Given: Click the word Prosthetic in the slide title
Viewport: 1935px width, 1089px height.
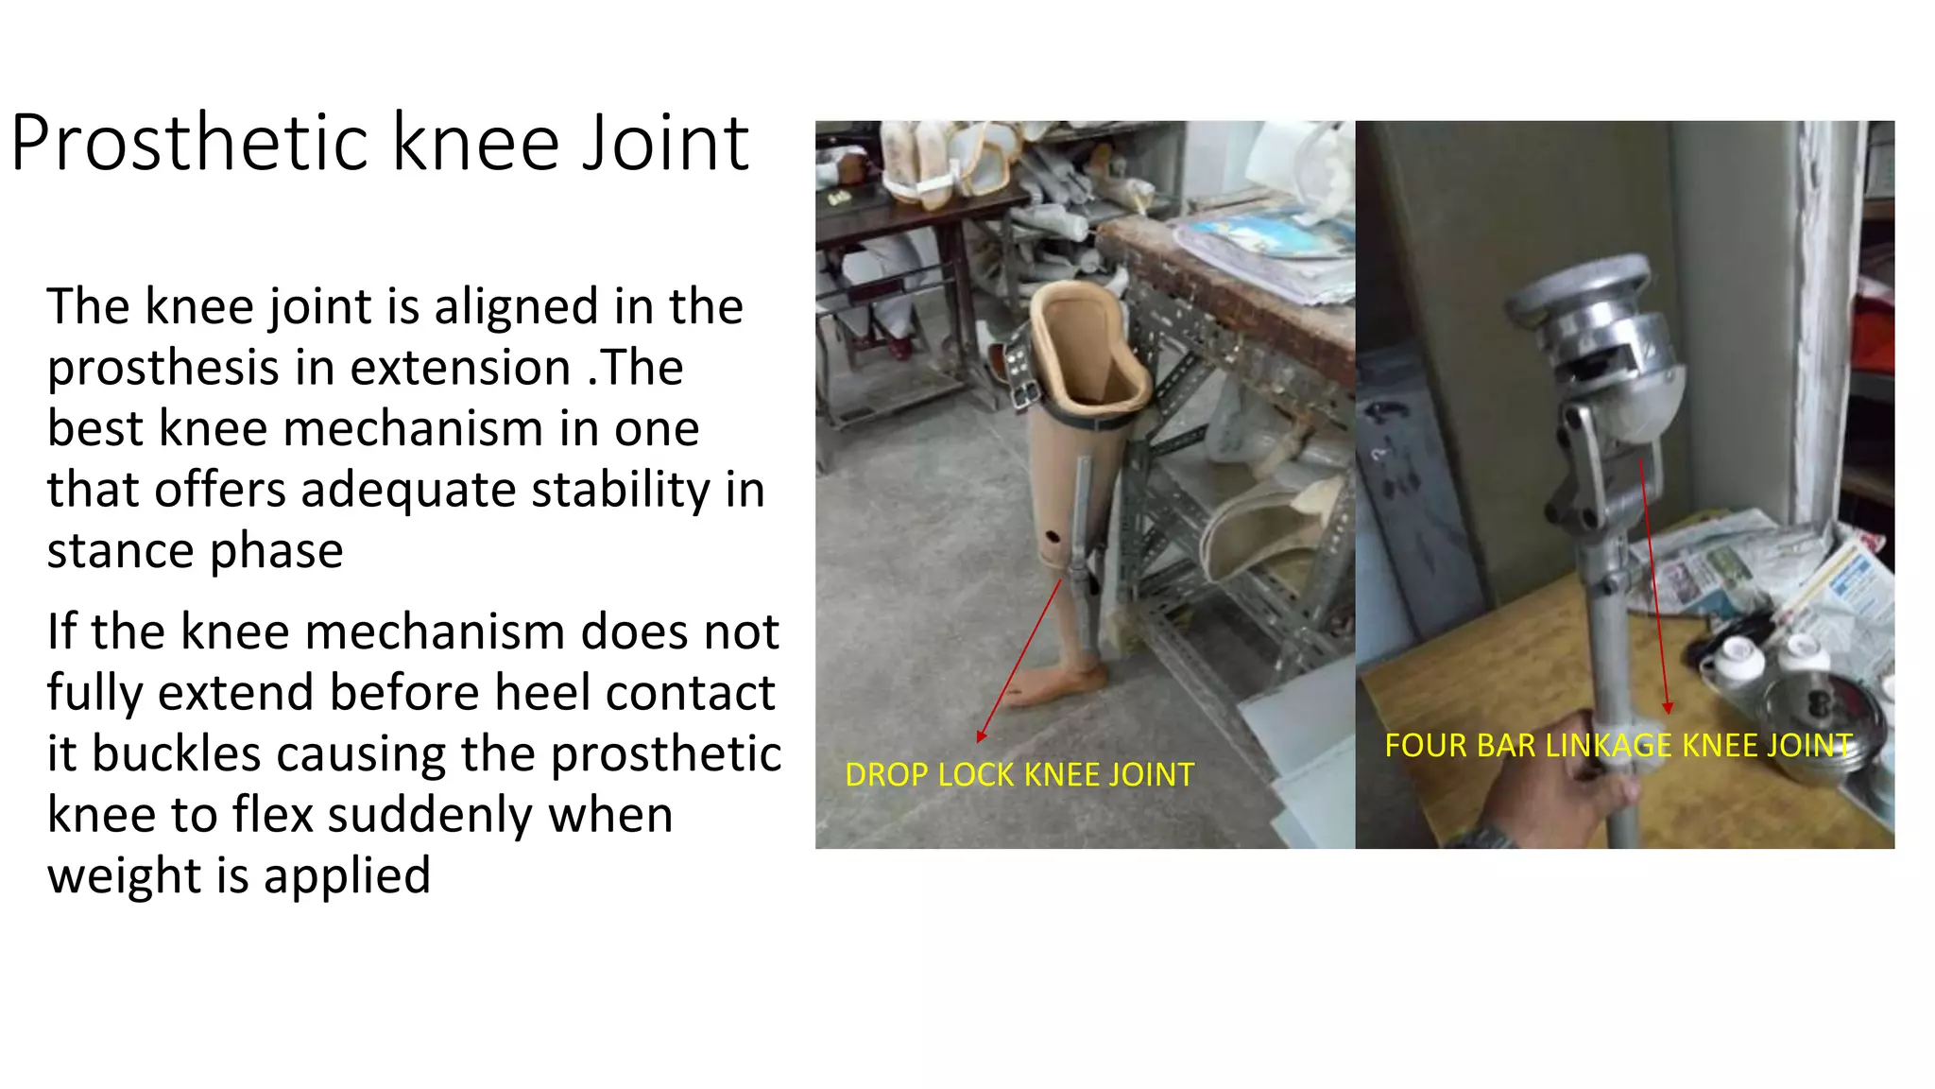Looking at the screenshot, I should (189, 144).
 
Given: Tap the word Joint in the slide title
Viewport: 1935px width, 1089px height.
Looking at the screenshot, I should (665, 144).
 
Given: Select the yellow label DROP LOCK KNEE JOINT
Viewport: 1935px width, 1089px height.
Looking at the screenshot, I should (1019, 775).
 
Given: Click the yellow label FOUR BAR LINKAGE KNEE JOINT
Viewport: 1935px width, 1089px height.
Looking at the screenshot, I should (1618, 746).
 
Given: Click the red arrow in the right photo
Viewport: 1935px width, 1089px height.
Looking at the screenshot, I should (1654, 586).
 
